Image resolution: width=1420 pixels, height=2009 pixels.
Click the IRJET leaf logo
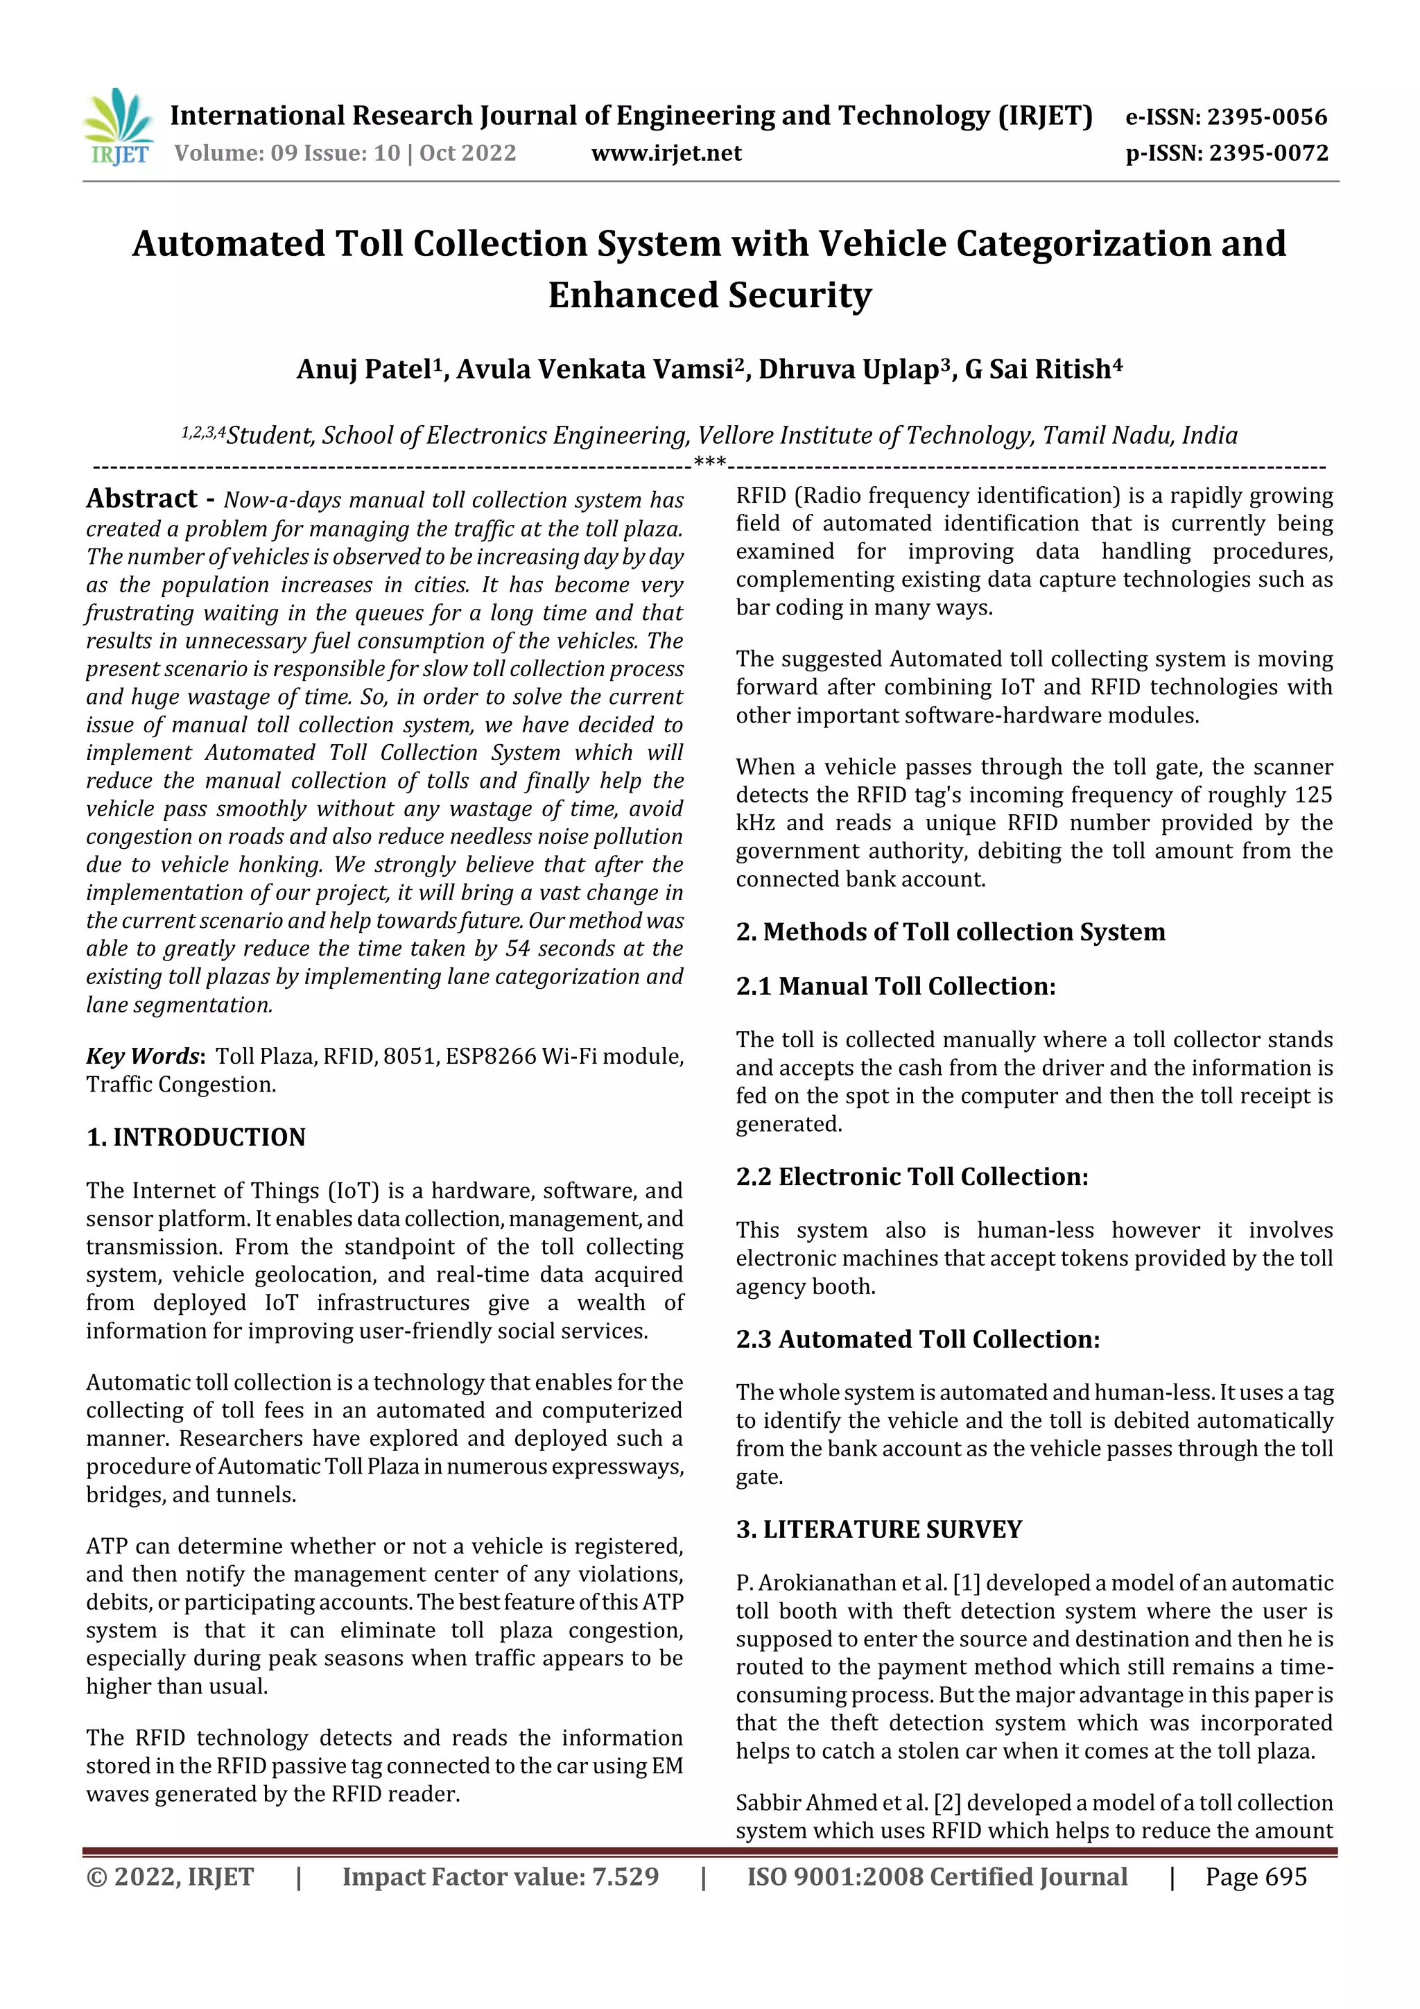118,128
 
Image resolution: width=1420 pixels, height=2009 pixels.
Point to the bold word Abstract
141,499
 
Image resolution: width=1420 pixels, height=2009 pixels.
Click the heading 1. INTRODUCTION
196,1137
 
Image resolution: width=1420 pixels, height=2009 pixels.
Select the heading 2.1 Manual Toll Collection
895,987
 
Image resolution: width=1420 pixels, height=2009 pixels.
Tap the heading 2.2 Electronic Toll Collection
912,1177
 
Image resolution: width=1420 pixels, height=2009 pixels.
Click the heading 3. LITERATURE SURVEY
878,1530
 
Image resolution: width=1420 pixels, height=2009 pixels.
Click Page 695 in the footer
1256,1877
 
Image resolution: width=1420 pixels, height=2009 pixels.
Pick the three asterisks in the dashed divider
709,462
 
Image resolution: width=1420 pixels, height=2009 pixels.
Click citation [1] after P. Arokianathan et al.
966,1583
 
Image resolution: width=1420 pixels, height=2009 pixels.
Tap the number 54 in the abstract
518,949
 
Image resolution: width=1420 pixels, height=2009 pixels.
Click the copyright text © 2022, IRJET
170,1877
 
